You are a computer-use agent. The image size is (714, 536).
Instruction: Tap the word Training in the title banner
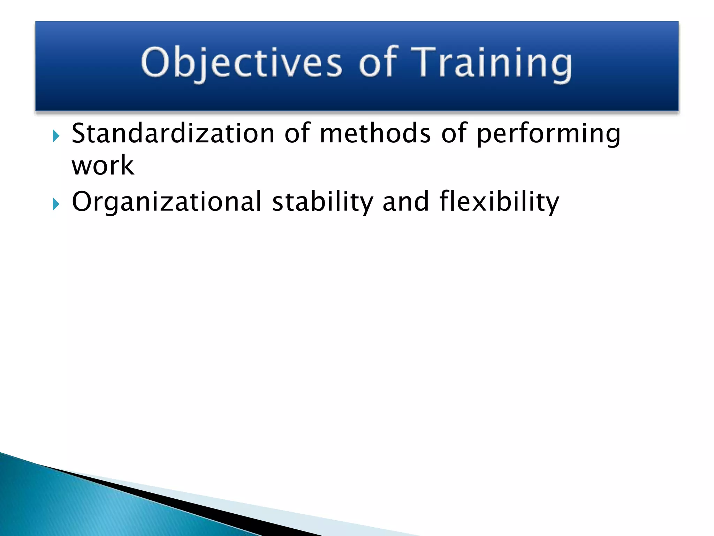point(491,63)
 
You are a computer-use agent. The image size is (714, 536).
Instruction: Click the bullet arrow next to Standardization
point(56,136)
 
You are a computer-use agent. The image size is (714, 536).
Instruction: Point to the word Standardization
point(173,133)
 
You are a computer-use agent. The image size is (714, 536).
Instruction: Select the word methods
point(375,133)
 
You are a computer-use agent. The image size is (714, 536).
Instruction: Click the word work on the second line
point(102,165)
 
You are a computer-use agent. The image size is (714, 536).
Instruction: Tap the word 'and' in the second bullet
point(405,202)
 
